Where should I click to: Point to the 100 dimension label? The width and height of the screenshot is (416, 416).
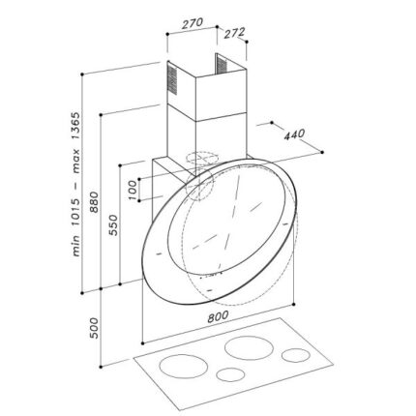click(134, 187)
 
